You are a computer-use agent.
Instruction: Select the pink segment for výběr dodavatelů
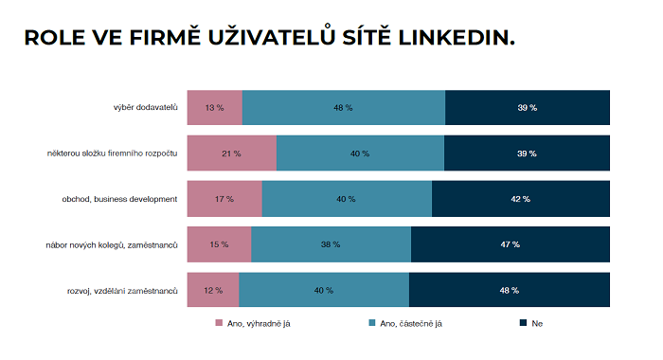click(215, 107)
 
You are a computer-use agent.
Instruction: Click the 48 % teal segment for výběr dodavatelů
click(344, 107)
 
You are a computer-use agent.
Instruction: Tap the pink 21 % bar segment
click(232, 153)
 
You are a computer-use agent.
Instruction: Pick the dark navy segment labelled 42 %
click(520, 199)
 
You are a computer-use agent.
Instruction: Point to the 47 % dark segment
click(510, 244)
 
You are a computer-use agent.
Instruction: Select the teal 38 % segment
click(331, 244)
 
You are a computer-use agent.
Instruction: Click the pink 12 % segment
click(213, 290)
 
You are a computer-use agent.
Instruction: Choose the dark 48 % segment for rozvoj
click(509, 290)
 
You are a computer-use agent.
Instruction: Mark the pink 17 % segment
click(224, 199)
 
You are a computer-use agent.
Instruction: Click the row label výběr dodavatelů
click(145, 107)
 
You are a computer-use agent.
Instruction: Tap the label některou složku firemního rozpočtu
click(113, 153)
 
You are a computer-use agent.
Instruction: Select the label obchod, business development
click(119, 199)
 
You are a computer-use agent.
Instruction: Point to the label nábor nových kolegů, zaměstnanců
click(112, 244)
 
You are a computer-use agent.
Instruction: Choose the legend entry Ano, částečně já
click(405, 324)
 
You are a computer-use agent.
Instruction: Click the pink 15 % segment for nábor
click(220, 244)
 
